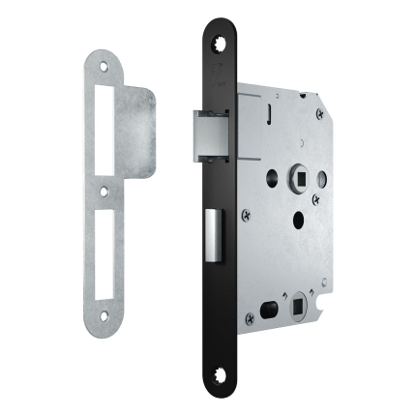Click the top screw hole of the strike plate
click(105, 65)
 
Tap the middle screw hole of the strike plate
click(104, 191)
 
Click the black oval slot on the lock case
click(268, 314)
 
